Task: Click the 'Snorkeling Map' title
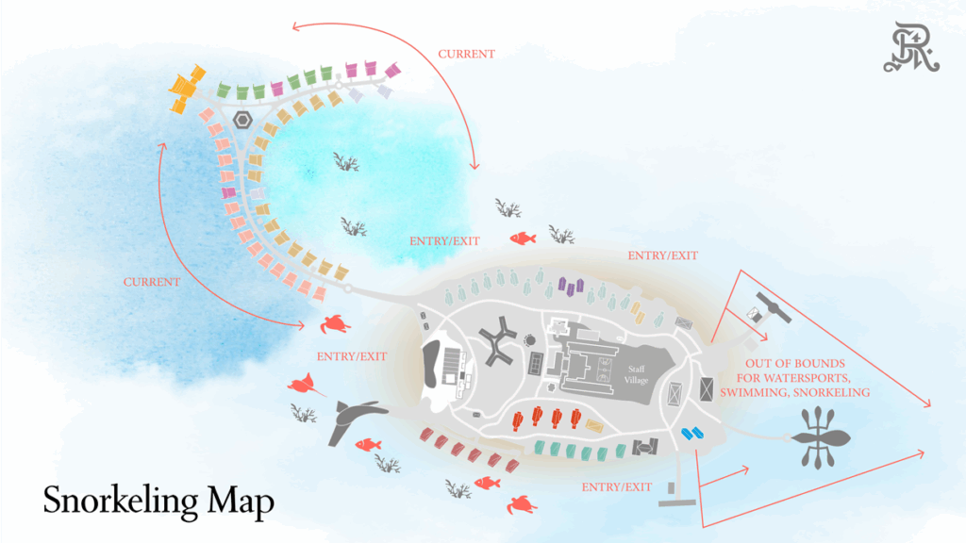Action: (x=158, y=500)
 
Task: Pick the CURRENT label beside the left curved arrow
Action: (x=151, y=282)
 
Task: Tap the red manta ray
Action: (x=305, y=384)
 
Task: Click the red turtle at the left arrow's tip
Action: (x=336, y=324)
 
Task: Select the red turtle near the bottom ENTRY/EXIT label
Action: (x=522, y=505)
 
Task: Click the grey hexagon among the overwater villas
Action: (x=243, y=121)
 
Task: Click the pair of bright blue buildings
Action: (x=693, y=433)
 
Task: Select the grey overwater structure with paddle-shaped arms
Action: (x=817, y=438)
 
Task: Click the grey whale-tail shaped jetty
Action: (x=353, y=418)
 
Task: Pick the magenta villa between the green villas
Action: (x=277, y=89)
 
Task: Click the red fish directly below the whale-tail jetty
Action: (x=367, y=444)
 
